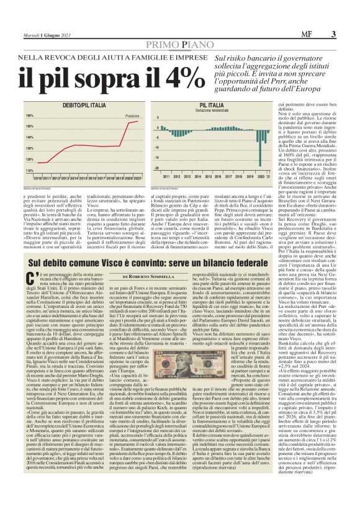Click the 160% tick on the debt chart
pyautogui.click(x=30, y=115)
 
